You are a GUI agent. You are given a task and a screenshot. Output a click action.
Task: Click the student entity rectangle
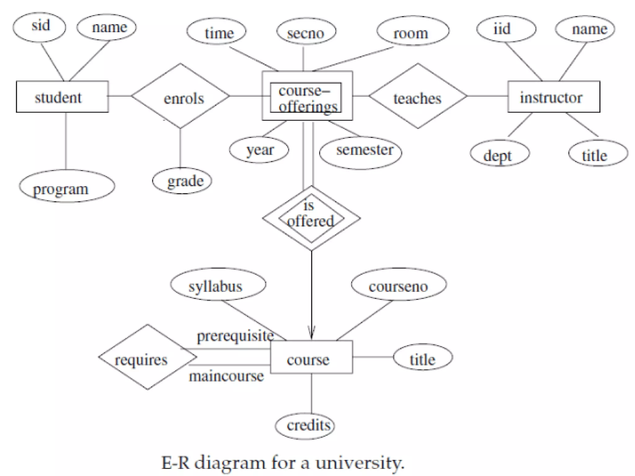coord(62,97)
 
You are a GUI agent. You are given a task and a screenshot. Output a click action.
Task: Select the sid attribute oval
coord(39,27)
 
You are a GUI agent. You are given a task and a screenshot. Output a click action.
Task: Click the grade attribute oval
coord(182,181)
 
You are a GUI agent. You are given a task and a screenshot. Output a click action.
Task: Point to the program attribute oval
coord(67,186)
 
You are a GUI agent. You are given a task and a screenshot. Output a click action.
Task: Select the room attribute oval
coord(413,31)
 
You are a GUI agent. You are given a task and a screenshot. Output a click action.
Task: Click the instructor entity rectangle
coord(553,97)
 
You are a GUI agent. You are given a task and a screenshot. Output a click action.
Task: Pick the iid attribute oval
coord(506,29)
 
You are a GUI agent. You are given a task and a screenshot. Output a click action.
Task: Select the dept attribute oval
coord(500,153)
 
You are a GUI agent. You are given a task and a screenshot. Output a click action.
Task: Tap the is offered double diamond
coord(311,218)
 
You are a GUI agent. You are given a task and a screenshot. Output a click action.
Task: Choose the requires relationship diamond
coord(147,357)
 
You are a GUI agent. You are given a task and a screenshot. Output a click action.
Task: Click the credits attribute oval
coord(305,426)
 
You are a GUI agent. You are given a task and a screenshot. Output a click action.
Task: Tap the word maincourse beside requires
coord(226,377)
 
